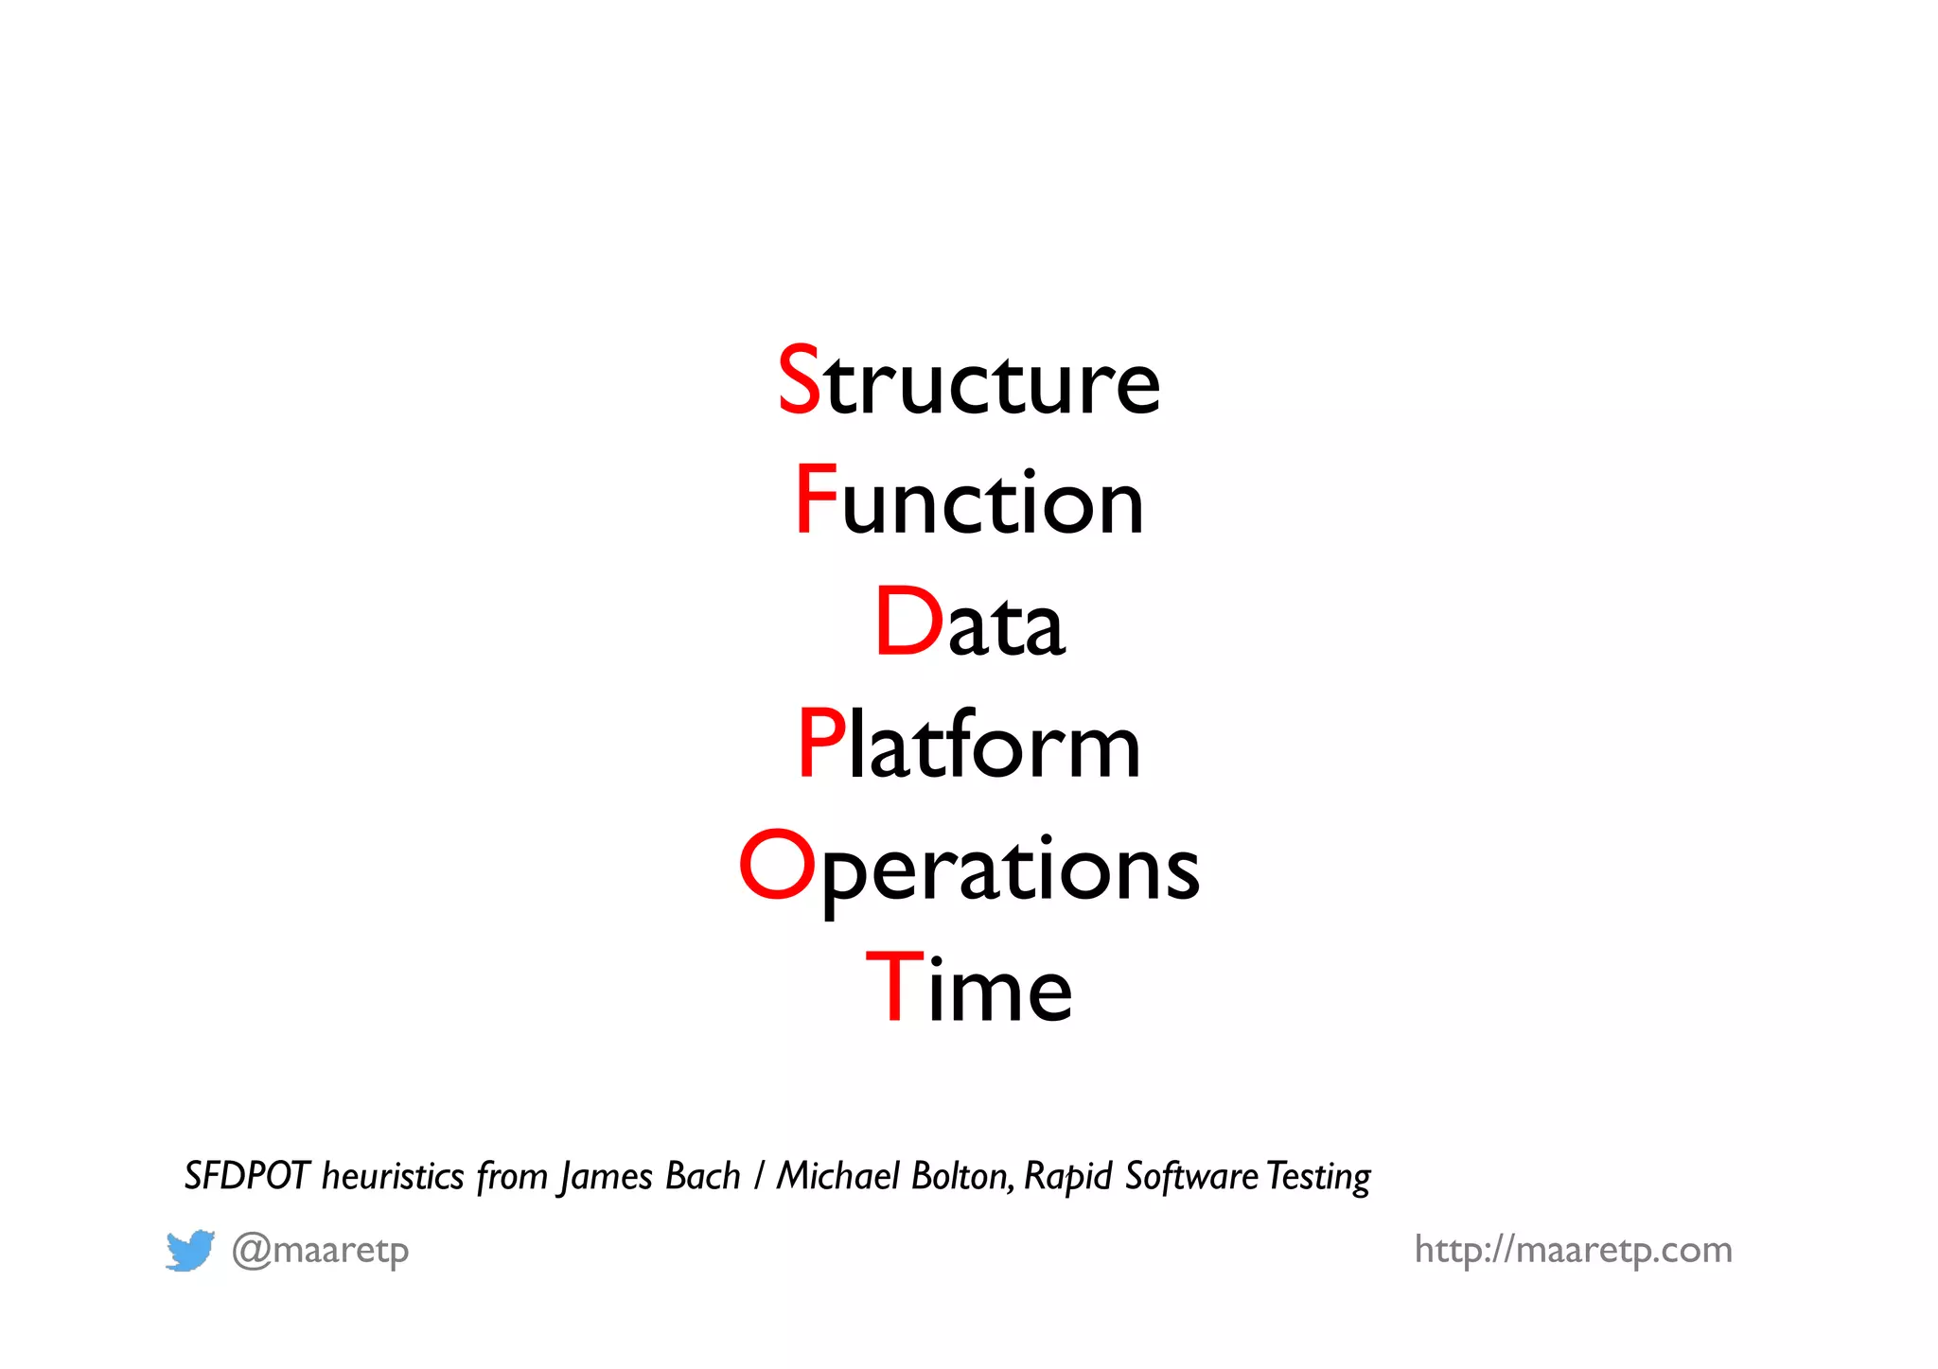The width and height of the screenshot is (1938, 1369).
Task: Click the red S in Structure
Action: click(x=799, y=379)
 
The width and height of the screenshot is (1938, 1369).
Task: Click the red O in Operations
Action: click(x=776, y=865)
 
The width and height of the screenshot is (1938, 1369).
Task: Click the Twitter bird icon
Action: click(x=190, y=1251)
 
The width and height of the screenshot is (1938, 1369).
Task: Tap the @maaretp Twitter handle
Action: click(x=321, y=1251)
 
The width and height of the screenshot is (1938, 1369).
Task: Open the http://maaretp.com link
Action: click(x=1573, y=1250)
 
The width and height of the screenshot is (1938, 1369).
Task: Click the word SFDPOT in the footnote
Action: click(x=247, y=1176)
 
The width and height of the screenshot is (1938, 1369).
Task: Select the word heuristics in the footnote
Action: click(x=393, y=1176)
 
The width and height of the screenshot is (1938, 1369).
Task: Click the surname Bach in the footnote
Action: click(x=702, y=1176)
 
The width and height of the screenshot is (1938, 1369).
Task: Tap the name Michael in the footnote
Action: click(x=838, y=1176)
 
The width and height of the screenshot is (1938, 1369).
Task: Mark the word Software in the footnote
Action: click(x=1191, y=1176)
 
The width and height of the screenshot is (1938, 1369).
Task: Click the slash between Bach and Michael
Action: click(x=759, y=1176)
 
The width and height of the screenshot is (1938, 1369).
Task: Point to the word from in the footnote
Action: click(x=512, y=1176)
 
